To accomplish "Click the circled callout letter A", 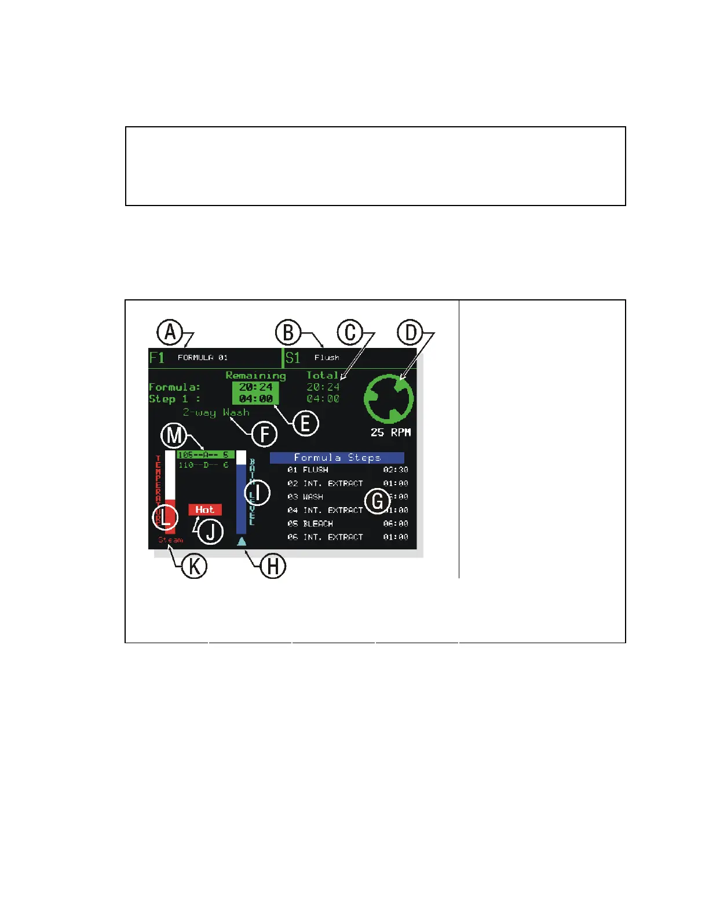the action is (170, 332).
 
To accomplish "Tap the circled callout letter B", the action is (288, 333).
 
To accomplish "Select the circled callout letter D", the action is (410, 333).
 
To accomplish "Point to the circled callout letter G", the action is (378, 501).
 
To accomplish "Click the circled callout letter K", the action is (194, 566).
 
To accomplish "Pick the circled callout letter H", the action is (273, 566).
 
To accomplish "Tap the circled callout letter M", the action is (173, 435).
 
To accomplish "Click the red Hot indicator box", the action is (204, 509).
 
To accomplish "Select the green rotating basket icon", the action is (389, 398).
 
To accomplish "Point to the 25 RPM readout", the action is (390, 432).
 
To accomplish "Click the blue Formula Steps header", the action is (337, 457).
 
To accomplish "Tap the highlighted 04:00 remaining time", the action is (255, 398).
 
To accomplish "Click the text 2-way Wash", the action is (216, 412).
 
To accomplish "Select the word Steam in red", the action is (171, 540).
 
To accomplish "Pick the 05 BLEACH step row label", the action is (310, 523).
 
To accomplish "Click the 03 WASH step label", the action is (305, 497).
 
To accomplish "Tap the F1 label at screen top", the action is (157, 357).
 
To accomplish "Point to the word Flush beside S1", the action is (327, 358).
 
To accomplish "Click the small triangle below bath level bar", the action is (242, 541).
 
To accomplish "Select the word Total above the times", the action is (322, 375).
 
